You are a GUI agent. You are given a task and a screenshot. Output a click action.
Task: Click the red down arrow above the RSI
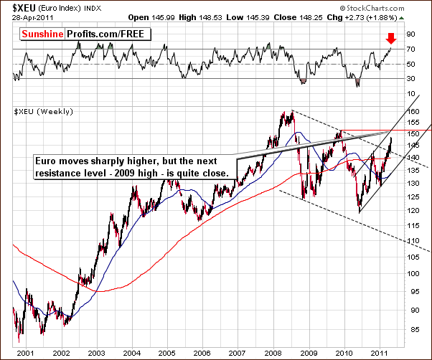(390, 37)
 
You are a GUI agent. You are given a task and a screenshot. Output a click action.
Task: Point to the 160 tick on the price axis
(413, 112)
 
